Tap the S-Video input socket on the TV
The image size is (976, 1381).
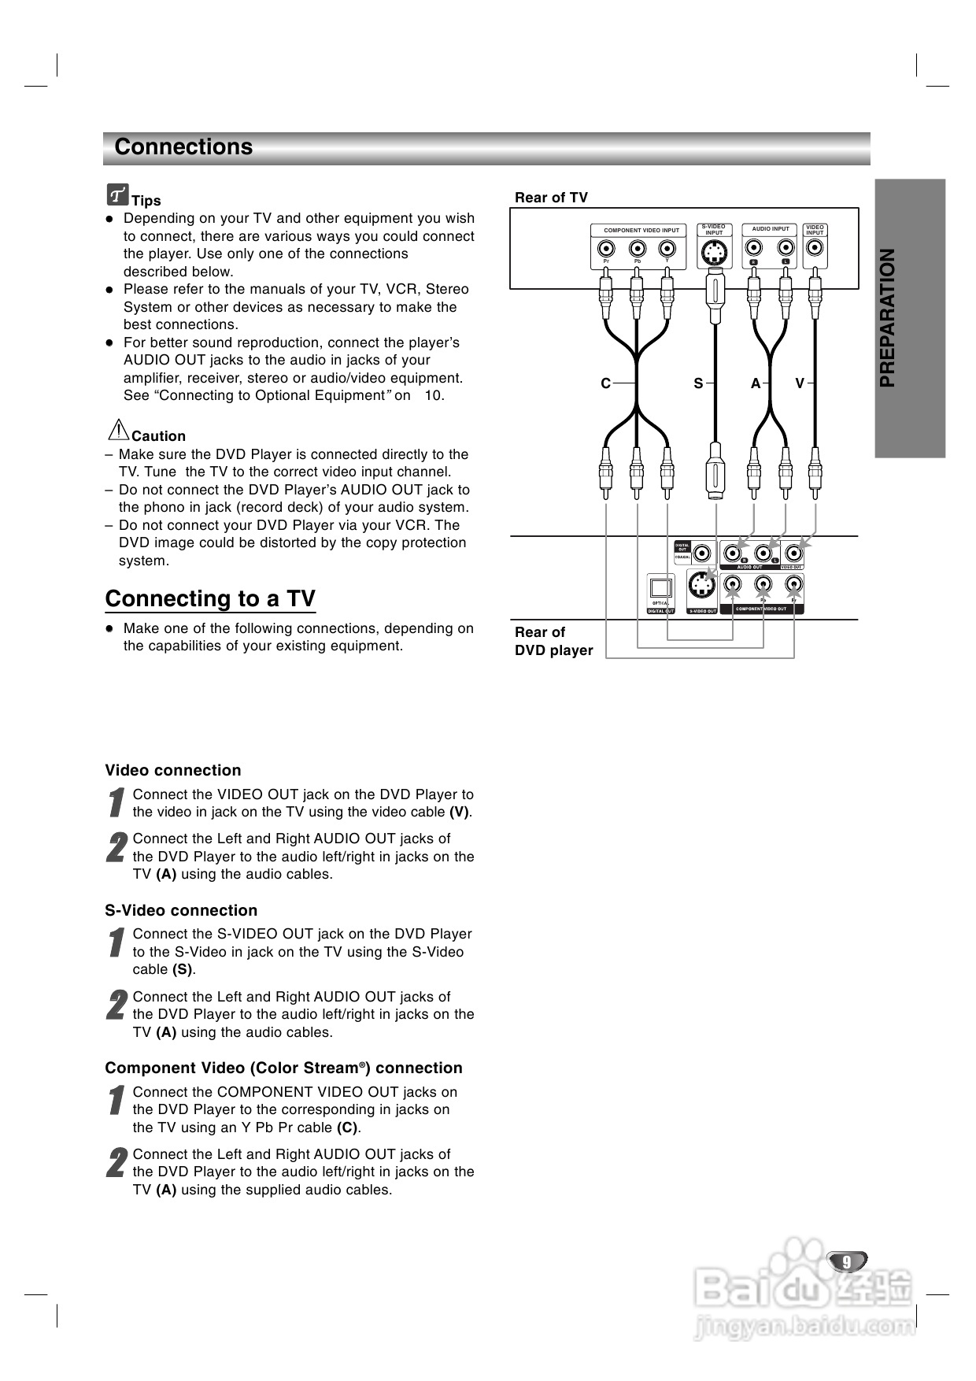click(714, 253)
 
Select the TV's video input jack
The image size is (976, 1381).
click(815, 250)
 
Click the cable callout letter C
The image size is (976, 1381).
click(605, 383)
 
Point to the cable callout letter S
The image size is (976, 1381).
click(698, 383)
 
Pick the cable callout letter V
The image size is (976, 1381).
click(800, 383)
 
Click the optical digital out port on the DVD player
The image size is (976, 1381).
click(660, 589)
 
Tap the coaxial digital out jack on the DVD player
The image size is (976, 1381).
click(702, 554)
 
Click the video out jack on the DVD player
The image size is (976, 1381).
click(794, 554)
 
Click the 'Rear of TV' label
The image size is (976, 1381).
click(551, 198)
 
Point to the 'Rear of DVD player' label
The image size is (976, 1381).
click(553, 641)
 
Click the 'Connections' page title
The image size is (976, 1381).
click(183, 147)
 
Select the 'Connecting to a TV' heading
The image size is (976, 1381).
click(210, 599)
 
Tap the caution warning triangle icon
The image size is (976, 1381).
click(118, 430)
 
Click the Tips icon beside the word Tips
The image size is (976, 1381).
click(118, 194)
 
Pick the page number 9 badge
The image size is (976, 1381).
click(847, 1261)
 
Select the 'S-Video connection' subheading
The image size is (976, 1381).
click(181, 910)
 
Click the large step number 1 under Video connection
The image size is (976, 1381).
click(116, 803)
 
